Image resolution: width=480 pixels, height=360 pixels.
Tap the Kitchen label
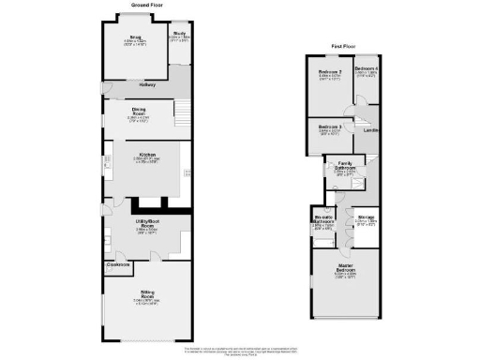pos(147,154)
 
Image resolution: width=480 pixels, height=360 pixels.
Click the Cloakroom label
pos(118,265)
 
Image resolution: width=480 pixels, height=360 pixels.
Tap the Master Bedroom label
pos(346,270)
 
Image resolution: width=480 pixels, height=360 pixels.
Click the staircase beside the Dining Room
pos(184,113)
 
